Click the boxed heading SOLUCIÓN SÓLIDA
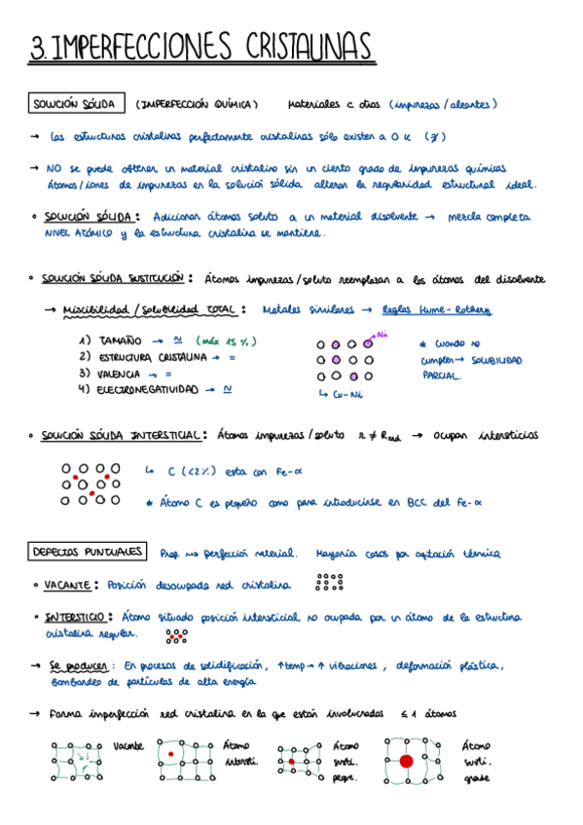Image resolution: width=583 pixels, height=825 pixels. click(x=77, y=103)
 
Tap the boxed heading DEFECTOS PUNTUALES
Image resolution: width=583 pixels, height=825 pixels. click(x=88, y=553)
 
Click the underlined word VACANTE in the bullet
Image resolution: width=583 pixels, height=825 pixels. click(x=67, y=585)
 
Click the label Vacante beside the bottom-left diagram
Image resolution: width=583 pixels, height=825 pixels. click(x=128, y=745)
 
